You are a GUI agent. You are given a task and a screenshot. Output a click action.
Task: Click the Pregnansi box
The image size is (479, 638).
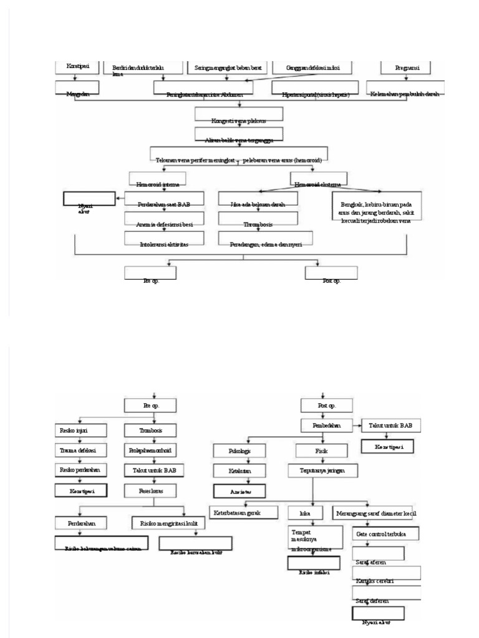click(x=407, y=67)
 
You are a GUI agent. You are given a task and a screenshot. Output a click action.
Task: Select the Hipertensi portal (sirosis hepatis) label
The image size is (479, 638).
click(x=315, y=94)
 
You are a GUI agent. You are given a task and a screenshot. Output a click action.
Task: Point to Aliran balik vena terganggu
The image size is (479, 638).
click(x=239, y=135)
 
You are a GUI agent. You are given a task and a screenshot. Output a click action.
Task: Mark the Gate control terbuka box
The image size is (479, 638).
click(x=385, y=534)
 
